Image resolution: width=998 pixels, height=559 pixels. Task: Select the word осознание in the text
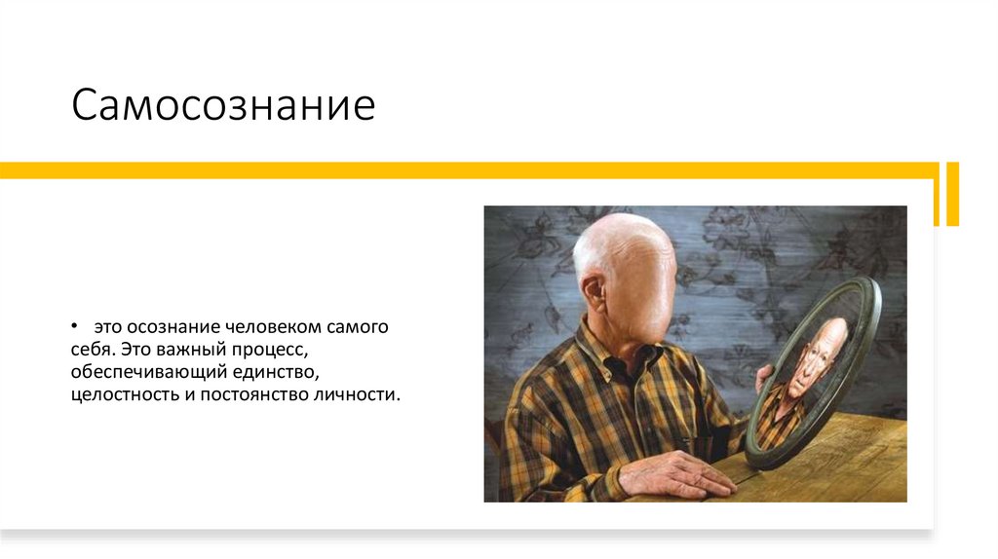(167, 327)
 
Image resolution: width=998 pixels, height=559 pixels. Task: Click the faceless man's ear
(593, 291)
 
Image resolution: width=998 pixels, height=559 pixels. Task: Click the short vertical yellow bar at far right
(952, 193)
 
